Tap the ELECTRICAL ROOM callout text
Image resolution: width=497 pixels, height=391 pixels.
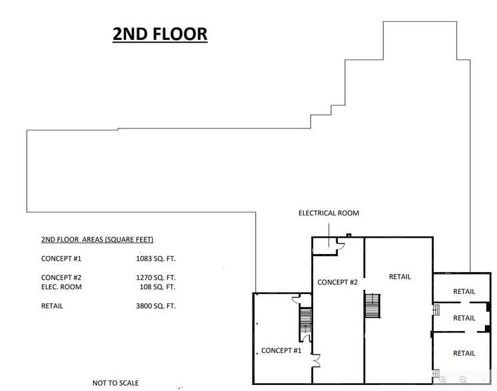pyautogui.click(x=328, y=213)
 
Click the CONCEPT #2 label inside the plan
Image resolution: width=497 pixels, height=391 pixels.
pyautogui.click(x=338, y=282)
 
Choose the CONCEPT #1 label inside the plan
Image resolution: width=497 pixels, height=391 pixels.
pyautogui.click(x=281, y=350)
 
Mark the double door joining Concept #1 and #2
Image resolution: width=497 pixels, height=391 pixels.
pyautogui.click(x=316, y=361)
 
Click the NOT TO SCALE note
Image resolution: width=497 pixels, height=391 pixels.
pyautogui.click(x=116, y=383)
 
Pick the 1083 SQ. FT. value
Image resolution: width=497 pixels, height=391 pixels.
pyautogui.click(x=155, y=258)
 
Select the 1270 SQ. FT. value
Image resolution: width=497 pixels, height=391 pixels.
pyautogui.click(x=155, y=277)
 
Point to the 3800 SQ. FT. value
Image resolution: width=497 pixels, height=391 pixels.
pyautogui.click(x=155, y=307)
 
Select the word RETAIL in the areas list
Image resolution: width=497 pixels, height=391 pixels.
pyautogui.click(x=53, y=307)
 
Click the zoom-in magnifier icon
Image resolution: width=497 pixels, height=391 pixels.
pyautogui.click(x=444, y=380)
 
